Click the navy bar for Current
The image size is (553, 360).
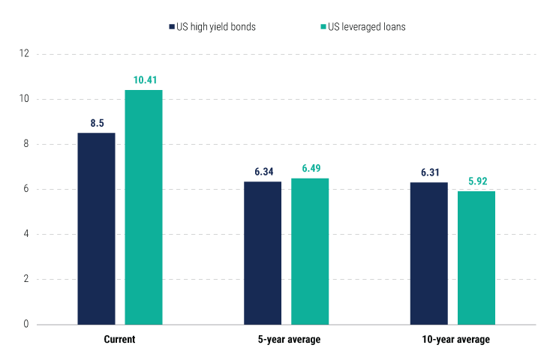click(97, 229)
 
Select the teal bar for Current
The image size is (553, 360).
click(143, 207)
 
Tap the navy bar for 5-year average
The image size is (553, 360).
click(263, 253)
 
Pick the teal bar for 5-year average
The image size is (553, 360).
click(310, 251)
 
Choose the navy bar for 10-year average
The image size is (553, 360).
click(429, 253)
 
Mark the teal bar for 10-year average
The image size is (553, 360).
click(476, 258)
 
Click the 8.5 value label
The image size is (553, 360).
click(97, 123)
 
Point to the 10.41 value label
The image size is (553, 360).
click(143, 79)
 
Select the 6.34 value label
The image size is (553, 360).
click(263, 172)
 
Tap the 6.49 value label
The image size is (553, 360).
click(310, 168)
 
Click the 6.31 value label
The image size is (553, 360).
click(429, 172)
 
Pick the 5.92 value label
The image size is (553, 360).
click(476, 181)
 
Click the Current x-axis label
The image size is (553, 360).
click(119, 340)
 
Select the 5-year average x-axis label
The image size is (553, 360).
click(286, 340)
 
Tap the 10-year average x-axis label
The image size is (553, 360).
click(452, 340)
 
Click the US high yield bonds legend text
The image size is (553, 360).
click(217, 27)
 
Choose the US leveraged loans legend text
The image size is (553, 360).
click(368, 27)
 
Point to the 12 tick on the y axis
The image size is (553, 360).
click(24, 54)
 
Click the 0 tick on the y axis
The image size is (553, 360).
click(26, 325)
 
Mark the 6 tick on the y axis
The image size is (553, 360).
click(26, 189)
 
